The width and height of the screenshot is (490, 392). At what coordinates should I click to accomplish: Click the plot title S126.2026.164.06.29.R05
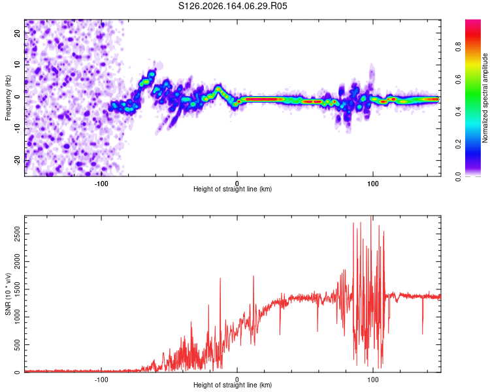(x=233, y=6)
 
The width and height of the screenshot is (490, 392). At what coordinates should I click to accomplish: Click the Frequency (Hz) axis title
(x=8, y=97)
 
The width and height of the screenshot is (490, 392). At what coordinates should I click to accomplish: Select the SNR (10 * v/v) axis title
(x=8, y=294)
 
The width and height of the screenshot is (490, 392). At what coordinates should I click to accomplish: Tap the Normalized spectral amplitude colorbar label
(x=485, y=98)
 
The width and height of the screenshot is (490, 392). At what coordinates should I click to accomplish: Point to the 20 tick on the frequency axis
(x=18, y=33)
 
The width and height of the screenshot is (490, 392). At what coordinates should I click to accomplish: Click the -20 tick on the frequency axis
(x=18, y=160)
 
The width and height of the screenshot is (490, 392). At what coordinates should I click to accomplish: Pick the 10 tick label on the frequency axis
(x=18, y=65)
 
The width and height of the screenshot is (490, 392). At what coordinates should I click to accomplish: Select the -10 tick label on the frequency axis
(x=18, y=129)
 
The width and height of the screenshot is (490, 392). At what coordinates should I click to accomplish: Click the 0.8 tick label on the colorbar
(x=458, y=47)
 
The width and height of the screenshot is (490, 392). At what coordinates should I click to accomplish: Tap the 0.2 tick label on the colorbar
(x=458, y=144)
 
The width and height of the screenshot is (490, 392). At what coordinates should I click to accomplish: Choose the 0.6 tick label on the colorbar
(x=458, y=79)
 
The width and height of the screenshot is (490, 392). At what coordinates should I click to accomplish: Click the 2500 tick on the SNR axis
(x=17, y=234)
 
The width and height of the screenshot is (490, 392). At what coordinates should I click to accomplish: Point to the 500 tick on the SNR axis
(x=17, y=344)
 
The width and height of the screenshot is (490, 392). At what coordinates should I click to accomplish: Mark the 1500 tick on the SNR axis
(x=17, y=289)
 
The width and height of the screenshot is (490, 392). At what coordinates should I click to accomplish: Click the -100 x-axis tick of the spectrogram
(x=101, y=184)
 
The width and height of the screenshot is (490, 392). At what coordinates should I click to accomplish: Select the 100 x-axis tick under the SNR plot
(x=373, y=380)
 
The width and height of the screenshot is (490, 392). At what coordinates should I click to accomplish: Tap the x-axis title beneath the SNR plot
(x=233, y=385)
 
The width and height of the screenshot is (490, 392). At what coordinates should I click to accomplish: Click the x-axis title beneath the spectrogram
(x=233, y=189)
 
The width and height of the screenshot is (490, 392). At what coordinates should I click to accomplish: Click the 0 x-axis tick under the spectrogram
(x=237, y=184)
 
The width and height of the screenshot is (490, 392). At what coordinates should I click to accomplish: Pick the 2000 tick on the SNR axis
(x=17, y=261)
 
